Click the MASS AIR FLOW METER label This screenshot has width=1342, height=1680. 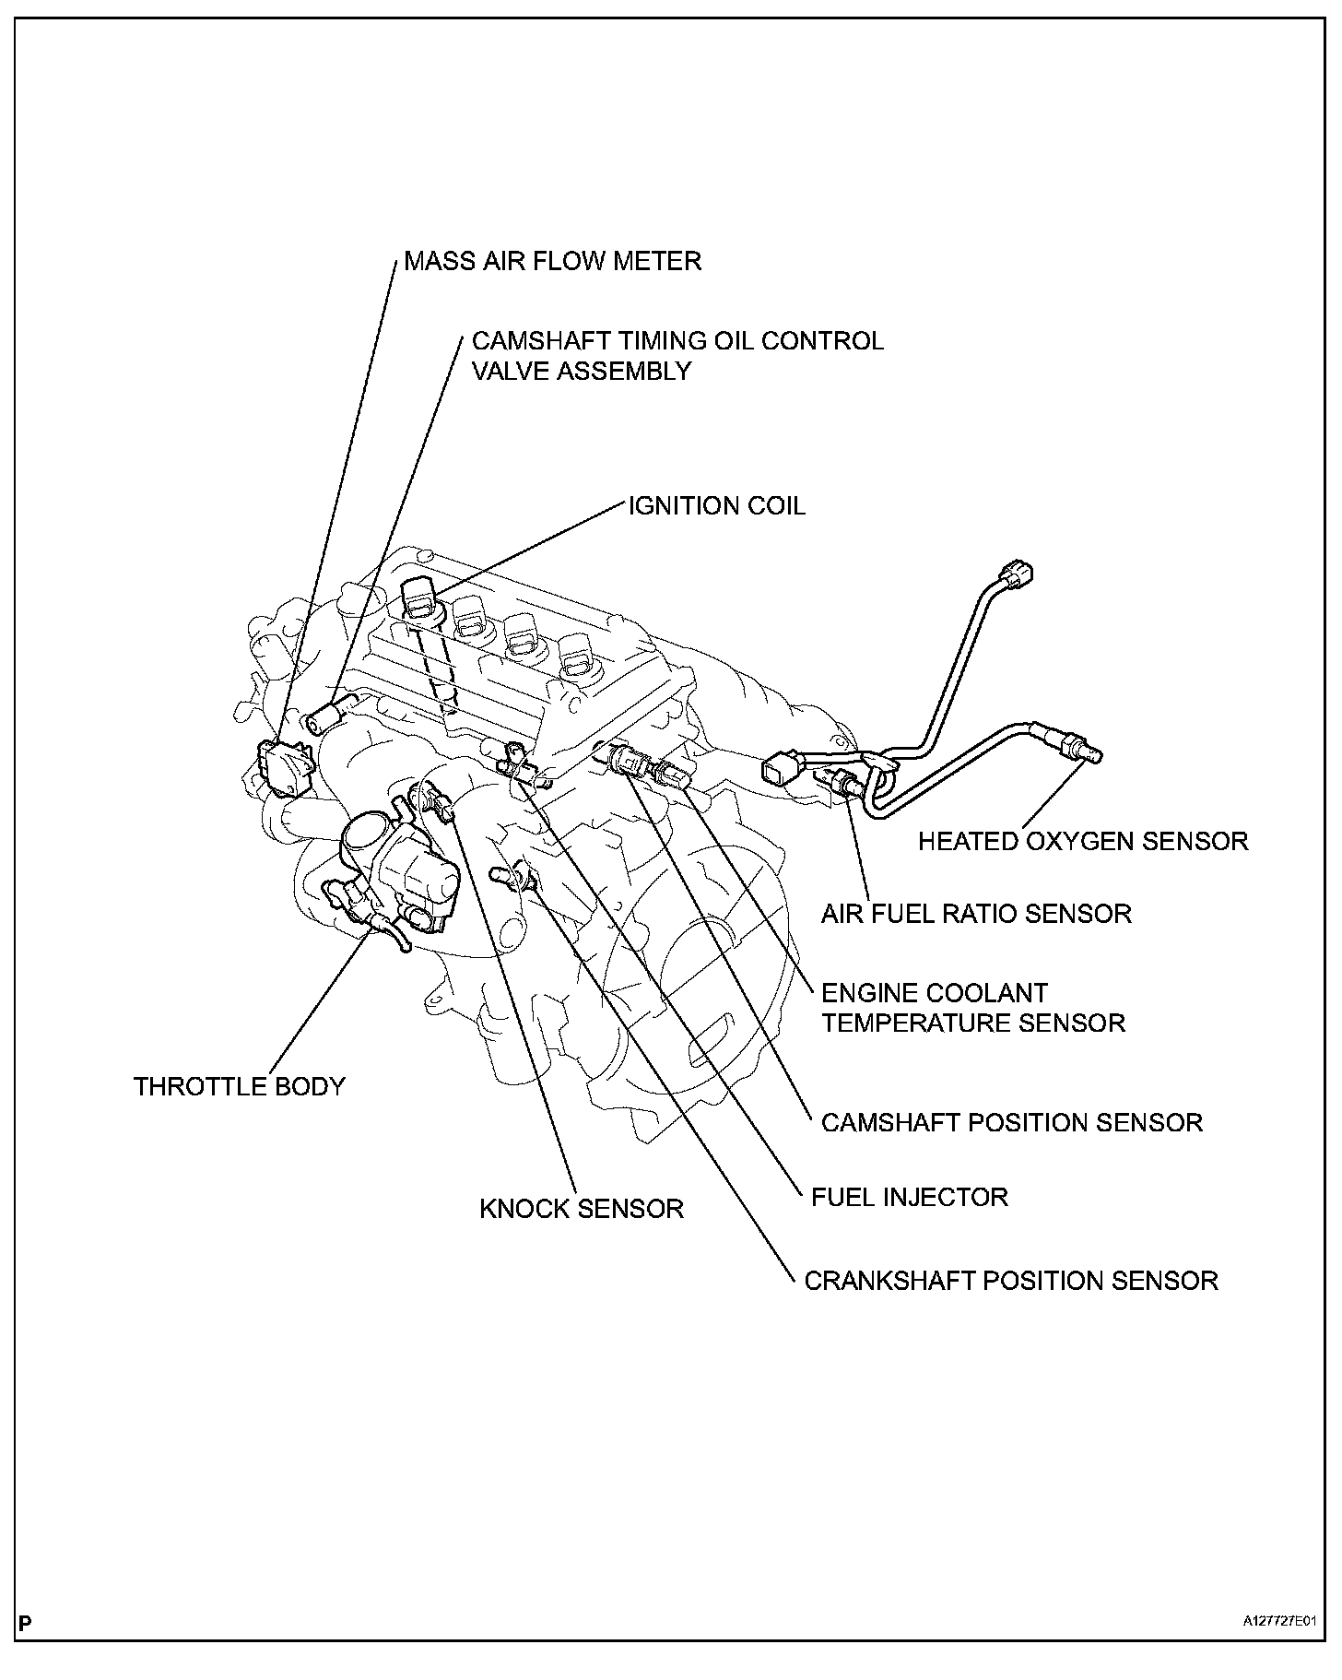553,262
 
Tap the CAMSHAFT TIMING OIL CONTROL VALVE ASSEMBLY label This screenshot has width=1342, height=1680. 677,356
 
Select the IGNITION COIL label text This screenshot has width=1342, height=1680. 716,506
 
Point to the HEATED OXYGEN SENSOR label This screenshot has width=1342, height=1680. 1083,841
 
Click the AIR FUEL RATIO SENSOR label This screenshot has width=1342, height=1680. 976,914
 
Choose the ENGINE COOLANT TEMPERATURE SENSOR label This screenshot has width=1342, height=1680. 972,1008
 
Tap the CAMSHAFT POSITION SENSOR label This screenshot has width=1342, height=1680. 1011,1122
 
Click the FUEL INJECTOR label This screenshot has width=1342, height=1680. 909,1197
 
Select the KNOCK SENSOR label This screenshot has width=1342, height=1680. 582,1209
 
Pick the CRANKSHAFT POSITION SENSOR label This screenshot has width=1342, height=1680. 1011,1281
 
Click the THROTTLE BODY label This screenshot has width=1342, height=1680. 239,1086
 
